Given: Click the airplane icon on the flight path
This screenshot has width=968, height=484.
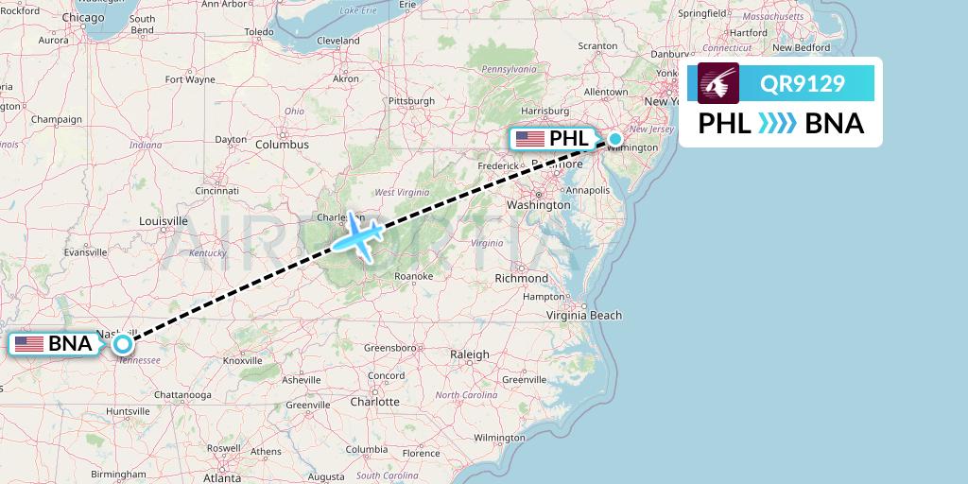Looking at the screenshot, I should point(355,235).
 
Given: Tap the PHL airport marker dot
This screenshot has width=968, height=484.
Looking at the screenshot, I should point(615,140).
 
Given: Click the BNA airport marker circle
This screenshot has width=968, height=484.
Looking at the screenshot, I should point(123,344).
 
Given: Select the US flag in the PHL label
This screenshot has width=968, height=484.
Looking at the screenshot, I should point(530,139).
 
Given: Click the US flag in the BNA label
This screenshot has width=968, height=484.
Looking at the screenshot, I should point(29,344).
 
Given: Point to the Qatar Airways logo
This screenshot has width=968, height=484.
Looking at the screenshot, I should point(718,83).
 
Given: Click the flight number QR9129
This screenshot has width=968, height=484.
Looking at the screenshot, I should point(803,84).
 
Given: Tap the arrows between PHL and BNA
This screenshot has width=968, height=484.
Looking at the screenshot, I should point(777,124).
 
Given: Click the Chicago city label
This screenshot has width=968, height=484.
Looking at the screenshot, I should point(86,17).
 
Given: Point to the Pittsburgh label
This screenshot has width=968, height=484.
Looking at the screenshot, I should point(411,100).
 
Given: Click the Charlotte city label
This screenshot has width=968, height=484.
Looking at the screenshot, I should point(374,401).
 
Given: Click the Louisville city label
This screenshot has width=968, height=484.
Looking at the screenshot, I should point(164,221).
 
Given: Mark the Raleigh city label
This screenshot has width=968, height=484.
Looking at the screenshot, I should point(470,354).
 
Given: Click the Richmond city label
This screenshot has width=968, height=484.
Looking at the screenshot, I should point(521,278).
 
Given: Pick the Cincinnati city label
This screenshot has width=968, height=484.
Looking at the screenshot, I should point(217,190).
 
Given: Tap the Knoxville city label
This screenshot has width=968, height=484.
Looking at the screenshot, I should point(243,360).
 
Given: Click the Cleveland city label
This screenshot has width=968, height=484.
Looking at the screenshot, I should point(338,41).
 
